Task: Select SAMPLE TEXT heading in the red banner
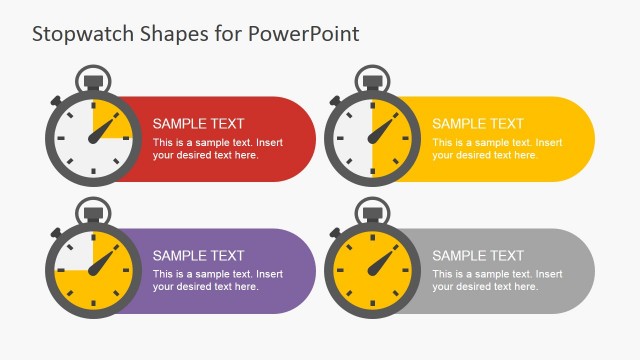(x=198, y=124)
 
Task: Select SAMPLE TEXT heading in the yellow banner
(x=477, y=124)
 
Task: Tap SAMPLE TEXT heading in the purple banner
(x=198, y=256)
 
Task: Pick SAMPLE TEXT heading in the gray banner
(x=477, y=256)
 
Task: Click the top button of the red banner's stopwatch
(x=93, y=78)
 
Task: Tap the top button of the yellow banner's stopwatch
(x=372, y=78)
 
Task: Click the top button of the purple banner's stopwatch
(x=93, y=210)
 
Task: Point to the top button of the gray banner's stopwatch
(x=372, y=210)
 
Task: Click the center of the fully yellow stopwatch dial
(x=372, y=271)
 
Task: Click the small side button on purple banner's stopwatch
(x=57, y=233)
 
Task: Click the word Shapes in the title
(x=164, y=33)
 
